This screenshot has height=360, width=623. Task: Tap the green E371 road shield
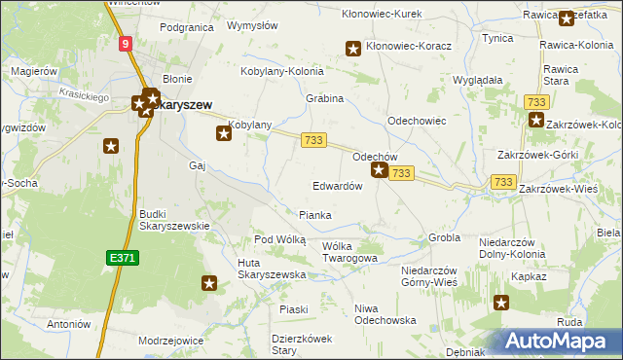tap(121, 257)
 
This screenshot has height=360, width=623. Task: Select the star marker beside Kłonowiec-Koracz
tap(353, 48)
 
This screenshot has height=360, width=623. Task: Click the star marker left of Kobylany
tap(223, 134)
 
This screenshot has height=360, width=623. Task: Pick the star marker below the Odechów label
tap(379, 170)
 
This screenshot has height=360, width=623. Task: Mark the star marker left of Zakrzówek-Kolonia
tap(535, 121)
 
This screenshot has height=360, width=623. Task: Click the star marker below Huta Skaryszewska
tap(208, 283)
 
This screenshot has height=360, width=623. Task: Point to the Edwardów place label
tap(337, 186)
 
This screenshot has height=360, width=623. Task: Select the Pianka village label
tap(314, 215)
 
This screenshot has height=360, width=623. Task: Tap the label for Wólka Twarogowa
tap(348, 252)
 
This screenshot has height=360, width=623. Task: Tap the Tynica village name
tap(497, 38)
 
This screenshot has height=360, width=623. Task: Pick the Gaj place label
tap(198, 165)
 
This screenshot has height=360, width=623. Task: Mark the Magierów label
tap(34, 72)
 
